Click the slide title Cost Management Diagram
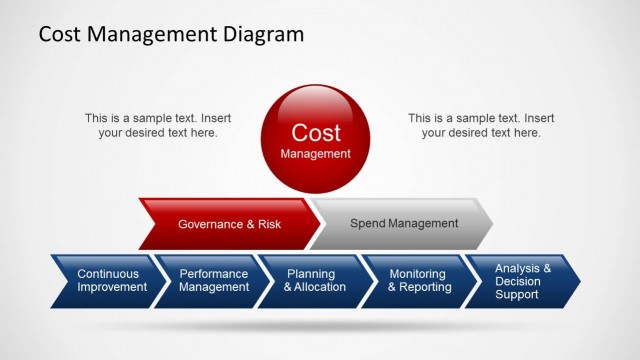(x=171, y=35)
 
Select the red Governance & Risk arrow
(x=229, y=224)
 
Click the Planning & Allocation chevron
(x=315, y=280)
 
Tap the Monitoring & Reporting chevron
(x=419, y=280)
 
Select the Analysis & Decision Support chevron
(x=522, y=281)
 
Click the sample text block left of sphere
(x=158, y=125)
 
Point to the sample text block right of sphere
(x=481, y=125)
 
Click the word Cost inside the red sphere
(x=315, y=132)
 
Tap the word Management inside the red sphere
(x=315, y=154)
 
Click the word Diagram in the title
(x=263, y=35)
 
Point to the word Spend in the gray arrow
(x=366, y=223)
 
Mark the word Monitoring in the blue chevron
(x=419, y=273)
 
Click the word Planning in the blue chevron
(x=311, y=273)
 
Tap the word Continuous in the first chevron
(x=108, y=273)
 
